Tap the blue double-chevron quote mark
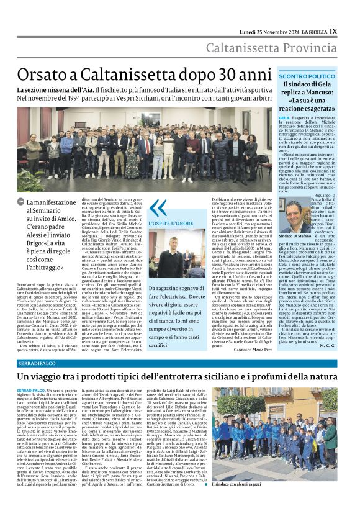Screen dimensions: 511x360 [x=158, y=207]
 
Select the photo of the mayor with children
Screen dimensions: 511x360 [x=297, y=448]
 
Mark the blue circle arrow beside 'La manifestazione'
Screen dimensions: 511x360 [x=21, y=202]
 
